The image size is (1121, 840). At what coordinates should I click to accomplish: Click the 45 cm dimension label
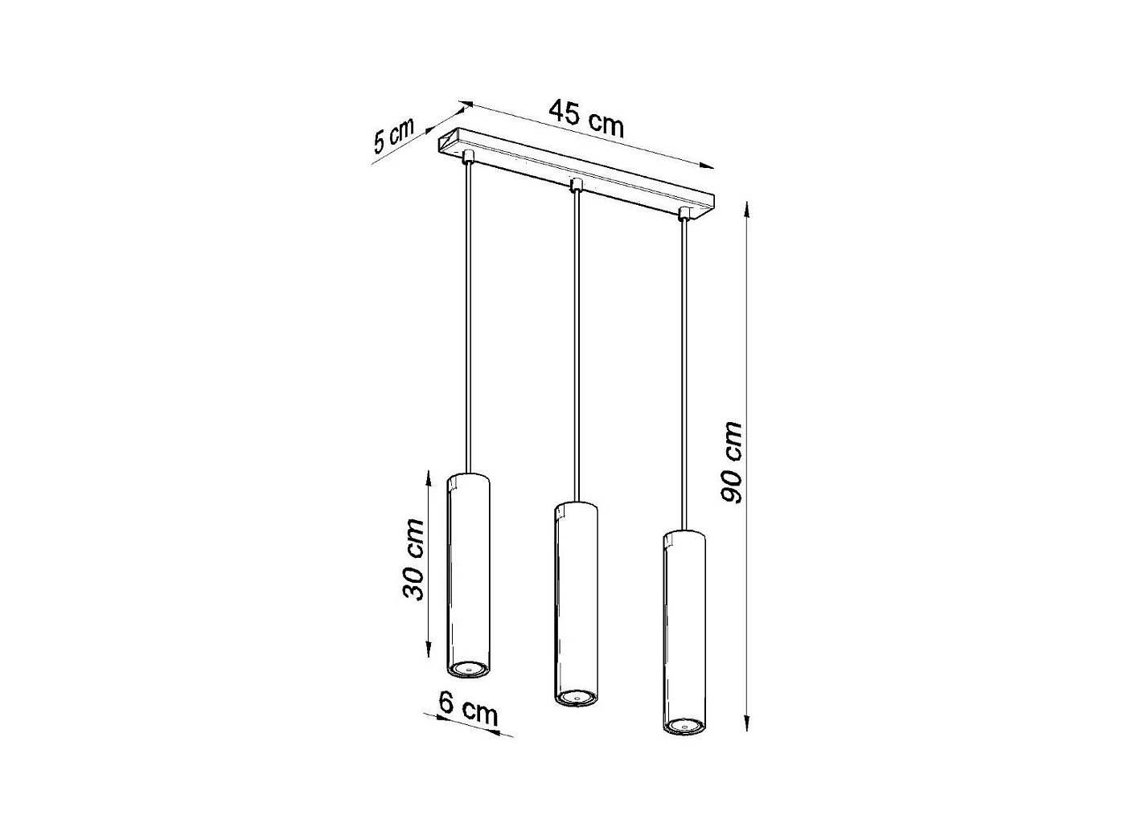pyautogui.click(x=586, y=117)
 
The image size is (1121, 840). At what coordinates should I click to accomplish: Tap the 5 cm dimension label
pyautogui.click(x=393, y=135)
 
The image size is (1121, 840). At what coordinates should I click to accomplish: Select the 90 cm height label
pyautogui.click(x=731, y=462)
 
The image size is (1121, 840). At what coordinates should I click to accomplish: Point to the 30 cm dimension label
pyautogui.click(x=414, y=559)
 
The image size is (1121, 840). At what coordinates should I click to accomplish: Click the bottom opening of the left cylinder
pyautogui.click(x=467, y=668)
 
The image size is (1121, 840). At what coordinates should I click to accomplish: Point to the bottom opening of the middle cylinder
pyautogui.click(x=576, y=697)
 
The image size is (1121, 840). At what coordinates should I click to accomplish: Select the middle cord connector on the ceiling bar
pyautogui.click(x=575, y=186)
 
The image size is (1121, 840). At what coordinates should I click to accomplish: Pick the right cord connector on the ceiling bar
pyautogui.click(x=684, y=215)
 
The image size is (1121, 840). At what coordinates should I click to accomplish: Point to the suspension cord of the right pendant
pyautogui.click(x=684, y=370)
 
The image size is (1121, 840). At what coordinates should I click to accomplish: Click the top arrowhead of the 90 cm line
pyautogui.click(x=748, y=208)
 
